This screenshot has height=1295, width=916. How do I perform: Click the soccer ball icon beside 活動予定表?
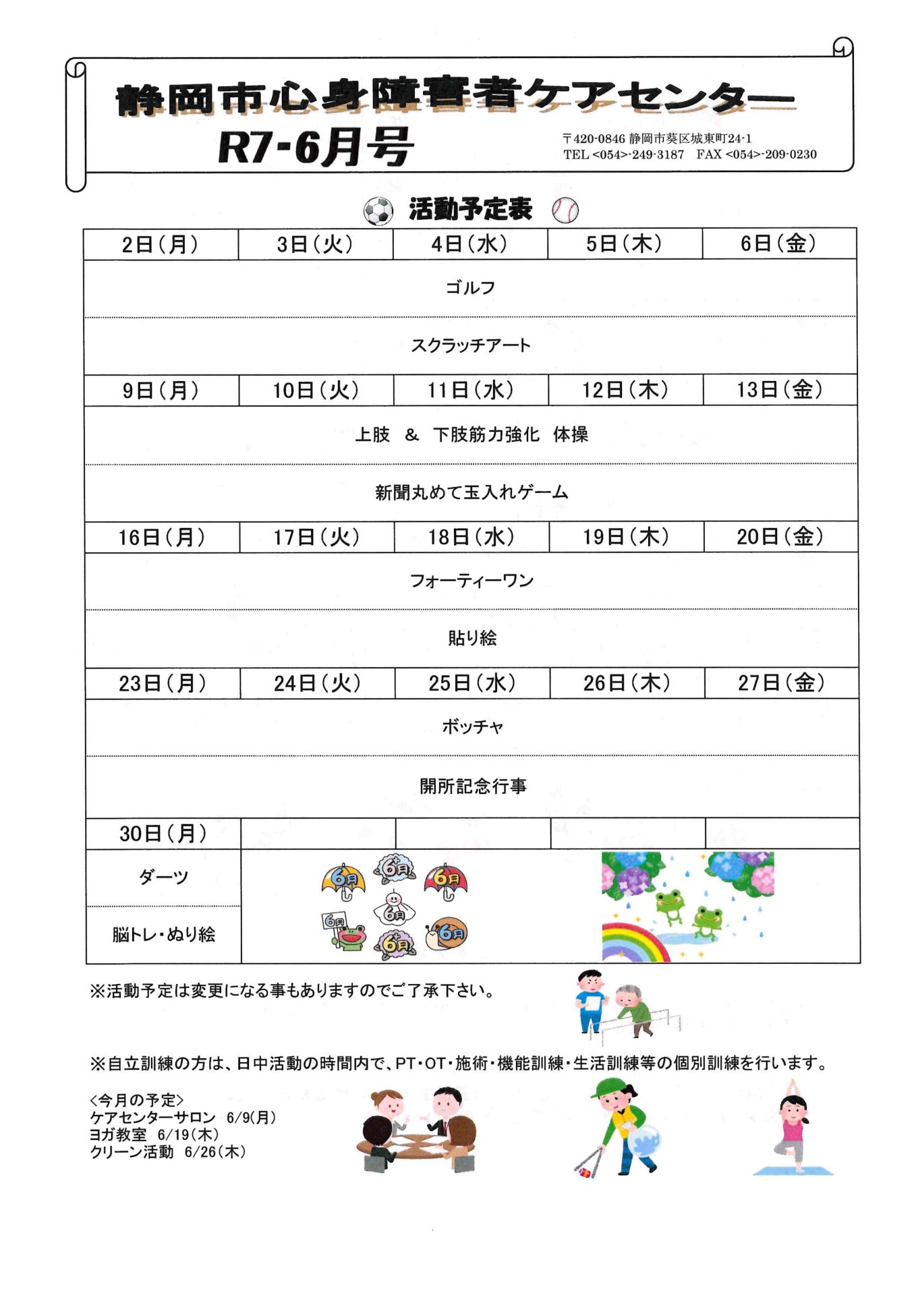tap(378, 211)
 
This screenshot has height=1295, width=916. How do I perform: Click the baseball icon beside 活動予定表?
tap(565, 210)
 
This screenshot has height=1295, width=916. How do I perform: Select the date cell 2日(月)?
tap(161, 244)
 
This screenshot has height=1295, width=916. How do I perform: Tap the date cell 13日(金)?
tap(780, 390)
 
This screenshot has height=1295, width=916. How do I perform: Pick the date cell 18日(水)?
tap(471, 537)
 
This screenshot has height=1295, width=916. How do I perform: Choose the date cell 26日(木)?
tap(627, 683)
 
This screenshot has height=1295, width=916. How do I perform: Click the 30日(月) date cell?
tap(163, 834)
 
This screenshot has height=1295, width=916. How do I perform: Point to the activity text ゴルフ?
tap(470, 288)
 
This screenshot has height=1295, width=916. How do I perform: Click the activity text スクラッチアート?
tap(470, 345)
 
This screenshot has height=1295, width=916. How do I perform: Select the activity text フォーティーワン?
tap(471, 581)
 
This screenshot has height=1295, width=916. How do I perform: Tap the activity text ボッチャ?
tap(472, 727)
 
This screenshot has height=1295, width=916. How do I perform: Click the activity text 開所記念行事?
tap(472, 786)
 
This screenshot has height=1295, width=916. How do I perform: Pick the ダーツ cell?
tap(163, 877)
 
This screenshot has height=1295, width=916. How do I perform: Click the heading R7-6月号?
tap(315, 147)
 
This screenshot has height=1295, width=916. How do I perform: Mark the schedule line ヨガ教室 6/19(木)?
tap(154, 1134)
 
